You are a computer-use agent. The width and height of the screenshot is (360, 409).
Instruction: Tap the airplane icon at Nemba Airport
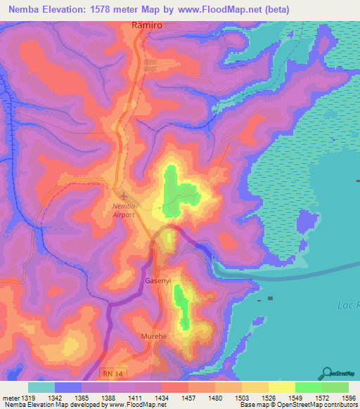124,196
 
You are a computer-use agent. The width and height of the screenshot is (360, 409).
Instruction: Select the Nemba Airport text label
124,209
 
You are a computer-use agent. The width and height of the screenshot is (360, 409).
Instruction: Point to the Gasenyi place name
157,280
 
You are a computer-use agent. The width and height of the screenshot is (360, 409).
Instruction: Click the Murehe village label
154,337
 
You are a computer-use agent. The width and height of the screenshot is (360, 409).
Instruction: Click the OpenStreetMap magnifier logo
328,373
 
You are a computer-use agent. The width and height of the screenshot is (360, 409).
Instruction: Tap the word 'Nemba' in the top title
24,8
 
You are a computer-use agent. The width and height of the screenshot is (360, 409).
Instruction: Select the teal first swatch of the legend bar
41,387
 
